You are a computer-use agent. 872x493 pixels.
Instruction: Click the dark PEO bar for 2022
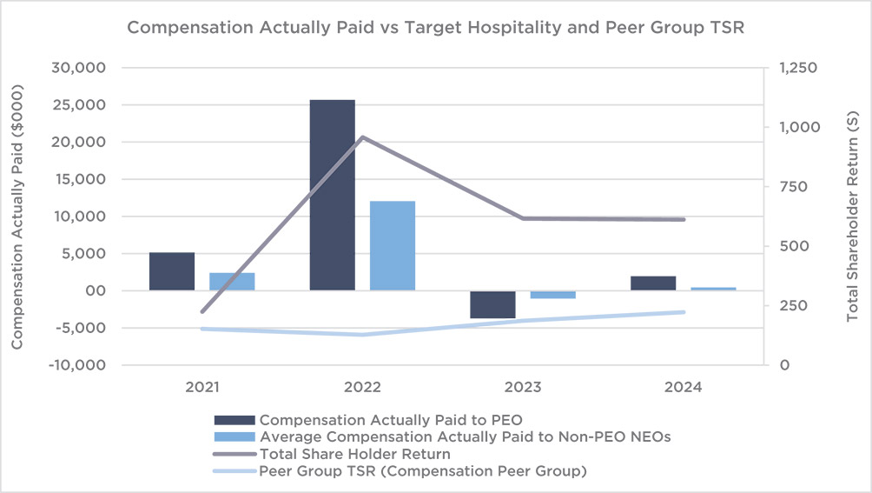[x=333, y=195]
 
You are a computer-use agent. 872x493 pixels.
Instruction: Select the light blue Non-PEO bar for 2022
[x=393, y=245]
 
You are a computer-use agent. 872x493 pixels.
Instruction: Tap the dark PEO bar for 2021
[x=172, y=271]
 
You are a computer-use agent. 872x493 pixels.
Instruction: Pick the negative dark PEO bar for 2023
[x=493, y=304]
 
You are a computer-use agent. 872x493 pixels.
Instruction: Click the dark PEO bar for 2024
[x=653, y=283]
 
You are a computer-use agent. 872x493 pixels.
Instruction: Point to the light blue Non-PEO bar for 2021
[x=232, y=281]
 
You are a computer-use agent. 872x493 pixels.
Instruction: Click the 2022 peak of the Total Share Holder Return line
[x=362, y=137]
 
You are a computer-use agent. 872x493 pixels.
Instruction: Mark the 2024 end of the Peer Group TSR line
[x=684, y=312]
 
